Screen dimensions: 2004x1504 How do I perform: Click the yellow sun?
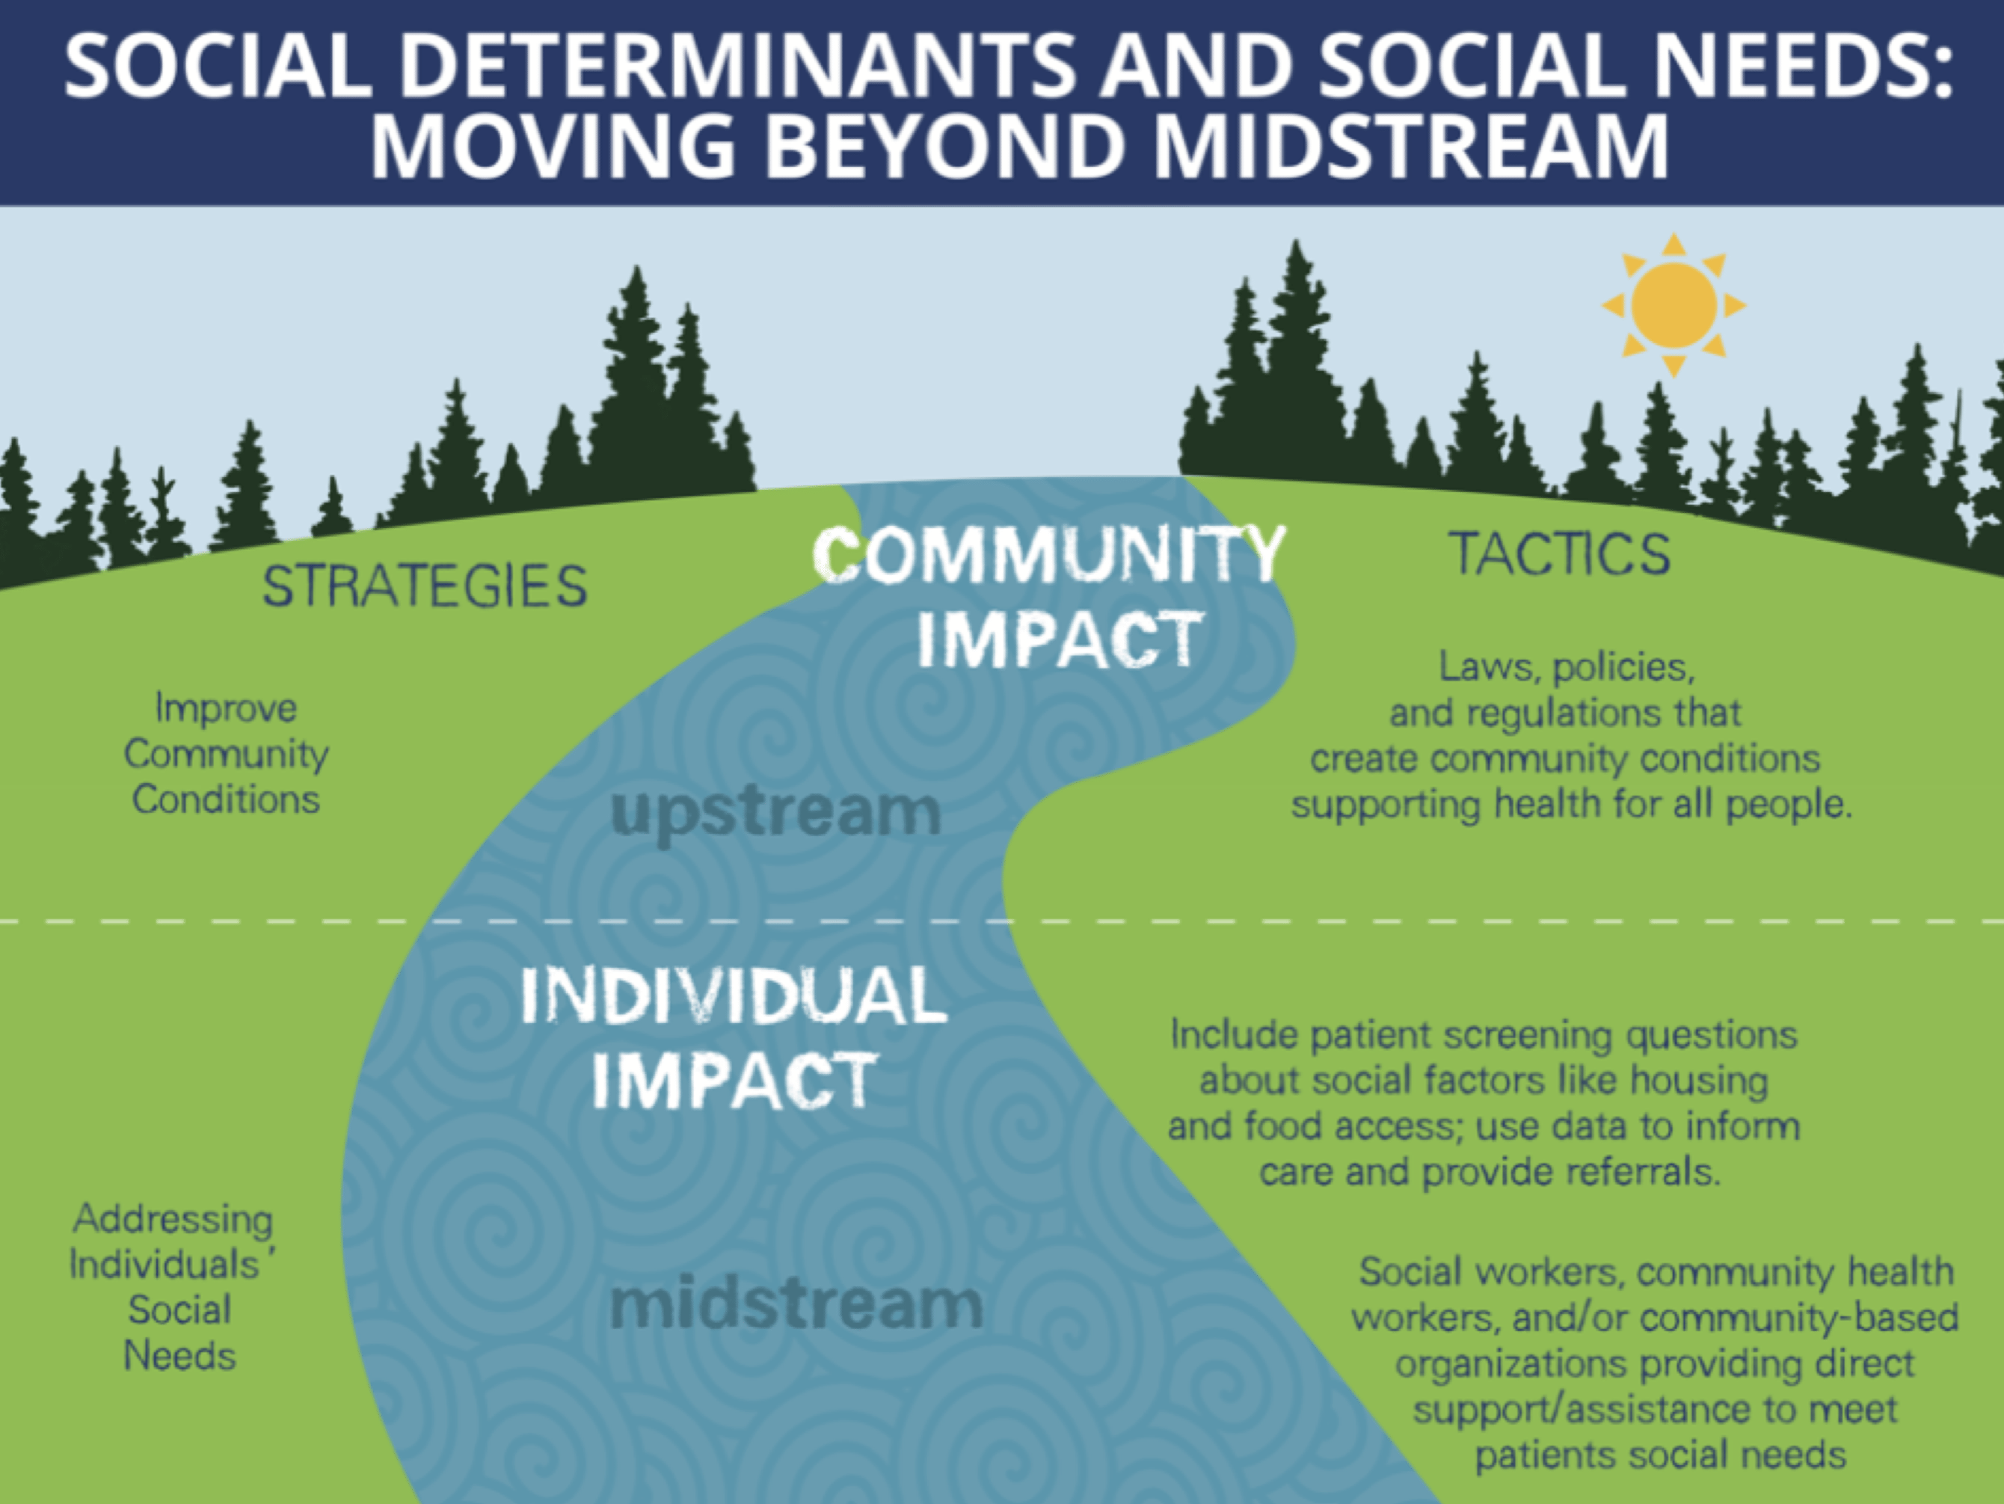(x=1673, y=305)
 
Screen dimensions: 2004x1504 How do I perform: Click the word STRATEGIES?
(x=425, y=586)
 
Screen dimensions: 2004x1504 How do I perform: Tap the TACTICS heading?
(x=1559, y=553)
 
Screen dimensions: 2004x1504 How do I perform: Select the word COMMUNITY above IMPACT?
(x=1048, y=553)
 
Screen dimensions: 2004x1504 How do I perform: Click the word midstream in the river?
(x=796, y=1304)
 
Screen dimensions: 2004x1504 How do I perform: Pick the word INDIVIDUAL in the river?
(x=734, y=995)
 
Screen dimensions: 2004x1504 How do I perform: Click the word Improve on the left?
(x=226, y=708)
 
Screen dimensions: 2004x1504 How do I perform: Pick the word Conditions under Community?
(x=226, y=799)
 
